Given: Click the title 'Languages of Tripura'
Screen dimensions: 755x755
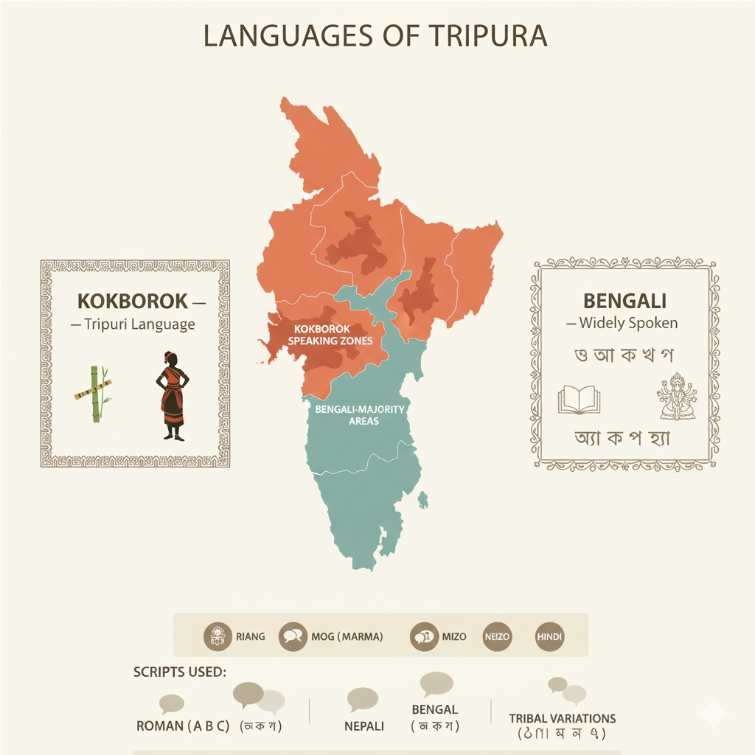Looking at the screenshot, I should coord(376,36).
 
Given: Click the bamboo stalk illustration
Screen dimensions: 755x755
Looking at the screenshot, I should coord(94,394).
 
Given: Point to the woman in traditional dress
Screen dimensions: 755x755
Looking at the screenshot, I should coord(171,396).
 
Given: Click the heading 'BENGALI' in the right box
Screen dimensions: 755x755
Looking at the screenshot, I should coord(624,301).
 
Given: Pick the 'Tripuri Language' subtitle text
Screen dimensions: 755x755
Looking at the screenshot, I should coord(139,324).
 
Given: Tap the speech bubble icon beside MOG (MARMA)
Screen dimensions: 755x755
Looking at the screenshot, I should coord(293,636).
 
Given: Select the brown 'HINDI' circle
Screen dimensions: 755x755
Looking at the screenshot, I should coord(549,636).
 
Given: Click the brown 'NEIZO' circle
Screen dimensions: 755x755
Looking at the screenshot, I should coord(496,636).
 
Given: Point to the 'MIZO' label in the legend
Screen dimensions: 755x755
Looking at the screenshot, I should coord(454,636).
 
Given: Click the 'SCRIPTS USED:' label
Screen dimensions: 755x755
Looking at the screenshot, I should coord(179,672).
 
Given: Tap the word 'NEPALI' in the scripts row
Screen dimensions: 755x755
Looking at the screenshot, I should coord(364,726).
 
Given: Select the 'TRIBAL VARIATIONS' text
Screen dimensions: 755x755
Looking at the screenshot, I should coord(562,718).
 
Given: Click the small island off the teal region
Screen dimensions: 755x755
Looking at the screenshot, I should coord(423,502).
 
